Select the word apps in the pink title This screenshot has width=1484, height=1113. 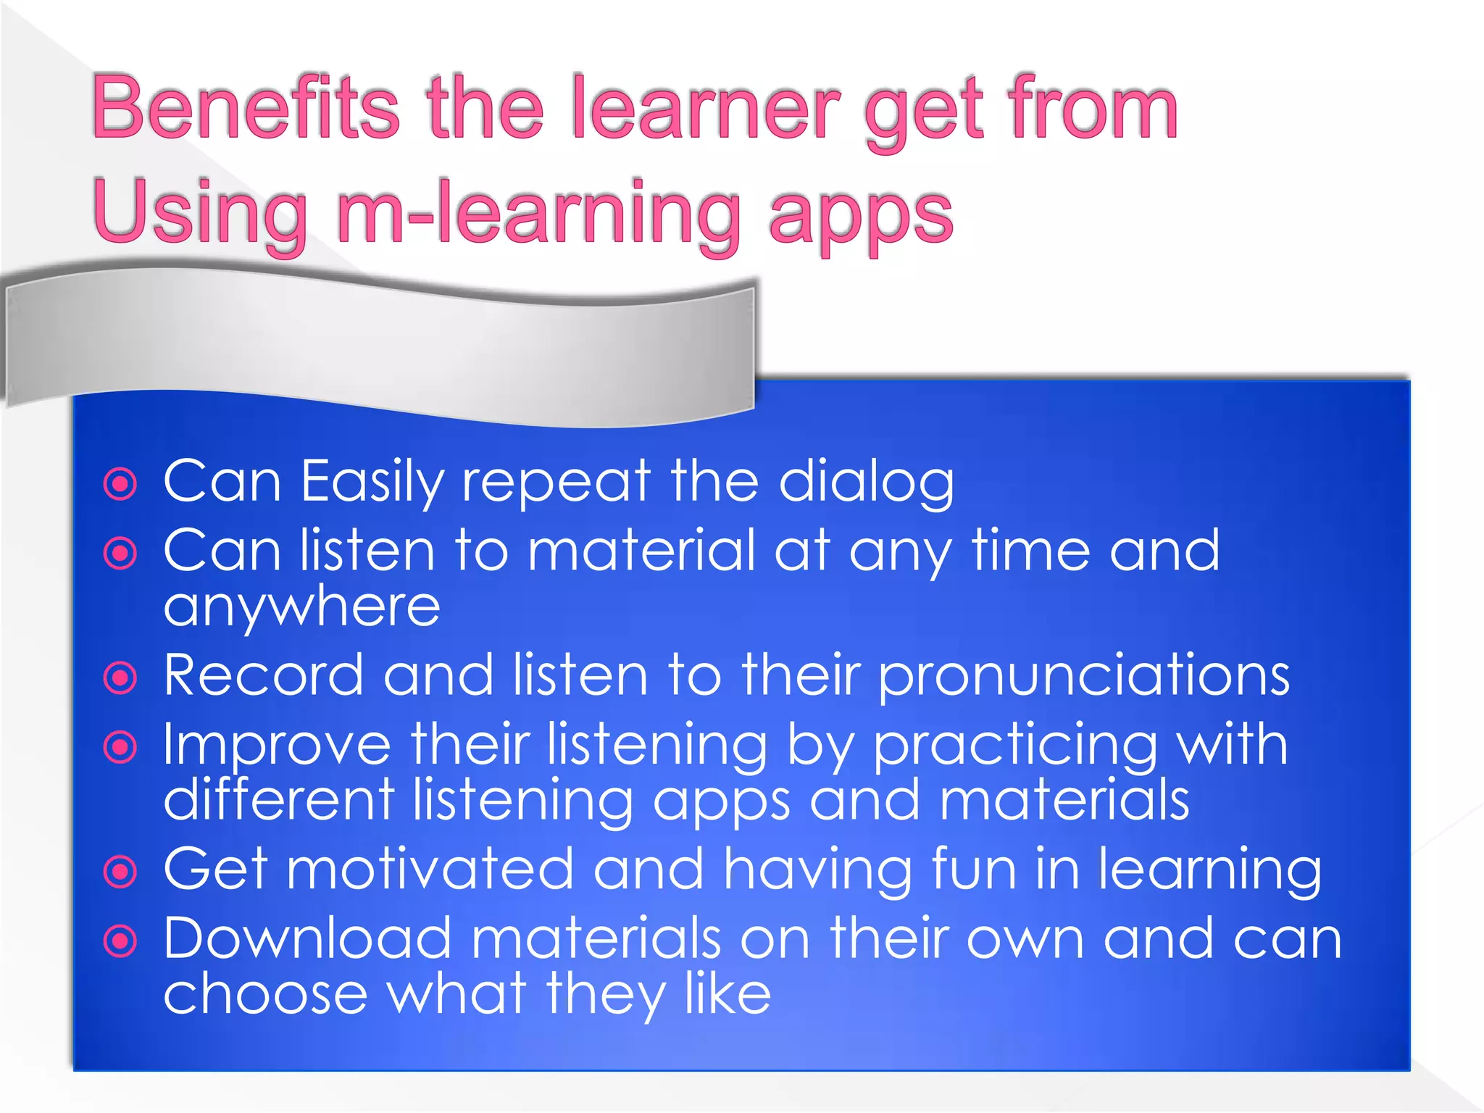(860, 214)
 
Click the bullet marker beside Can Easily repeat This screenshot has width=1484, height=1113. (120, 484)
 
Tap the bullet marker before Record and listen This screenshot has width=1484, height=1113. (120, 678)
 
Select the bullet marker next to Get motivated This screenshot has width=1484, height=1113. (120, 872)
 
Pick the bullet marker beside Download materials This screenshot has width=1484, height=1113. (120, 941)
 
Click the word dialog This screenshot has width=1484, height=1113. (866, 483)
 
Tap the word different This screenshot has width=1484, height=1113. (279, 800)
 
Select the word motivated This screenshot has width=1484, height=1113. (430, 870)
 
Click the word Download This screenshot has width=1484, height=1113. (307, 939)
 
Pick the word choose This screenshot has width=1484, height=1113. (265, 994)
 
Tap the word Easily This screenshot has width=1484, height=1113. (372, 483)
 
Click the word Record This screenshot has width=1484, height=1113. (263, 676)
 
